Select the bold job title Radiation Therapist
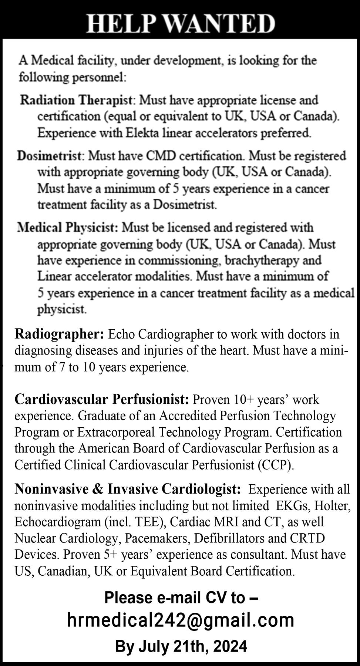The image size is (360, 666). click(x=76, y=100)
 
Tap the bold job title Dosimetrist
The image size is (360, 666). click(x=48, y=156)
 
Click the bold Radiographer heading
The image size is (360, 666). click(x=59, y=334)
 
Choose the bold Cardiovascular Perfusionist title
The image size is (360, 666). click(x=102, y=400)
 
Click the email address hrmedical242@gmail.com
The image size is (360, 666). click(x=181, y=620)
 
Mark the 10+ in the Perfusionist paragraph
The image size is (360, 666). click(x=243, y=400)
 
